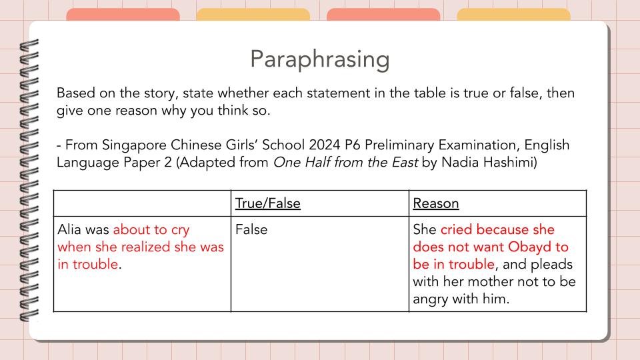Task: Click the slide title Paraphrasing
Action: click(319, 59)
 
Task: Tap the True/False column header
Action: click(267, 203)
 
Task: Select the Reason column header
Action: click(436, 203)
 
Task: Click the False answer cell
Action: click(251, 229)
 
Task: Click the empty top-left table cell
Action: click(142, 203)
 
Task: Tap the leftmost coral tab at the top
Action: click(123, 15)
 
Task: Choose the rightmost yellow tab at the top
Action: click(513, 15)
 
